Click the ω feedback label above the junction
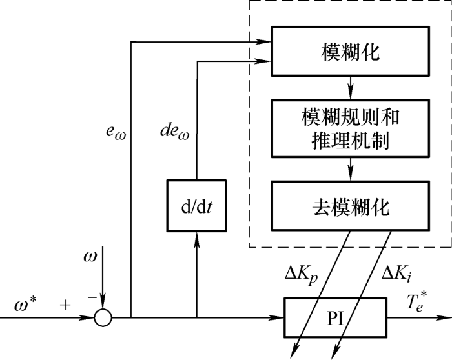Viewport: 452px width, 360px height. point(90,256)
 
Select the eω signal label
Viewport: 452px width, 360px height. point(116,132)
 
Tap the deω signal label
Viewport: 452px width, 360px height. point(175,132)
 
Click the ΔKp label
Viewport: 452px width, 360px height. point(302,275)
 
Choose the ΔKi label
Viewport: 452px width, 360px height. point(396,274)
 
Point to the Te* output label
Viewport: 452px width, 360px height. point(416,301)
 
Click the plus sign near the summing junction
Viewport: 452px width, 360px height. point(65,305)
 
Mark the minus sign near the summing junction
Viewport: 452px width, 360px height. point(92,297)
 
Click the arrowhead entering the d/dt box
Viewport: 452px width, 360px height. point(196,239)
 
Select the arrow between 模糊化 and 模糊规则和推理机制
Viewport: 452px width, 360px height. point(351,88)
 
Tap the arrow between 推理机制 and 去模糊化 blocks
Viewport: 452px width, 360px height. point(351,169)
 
